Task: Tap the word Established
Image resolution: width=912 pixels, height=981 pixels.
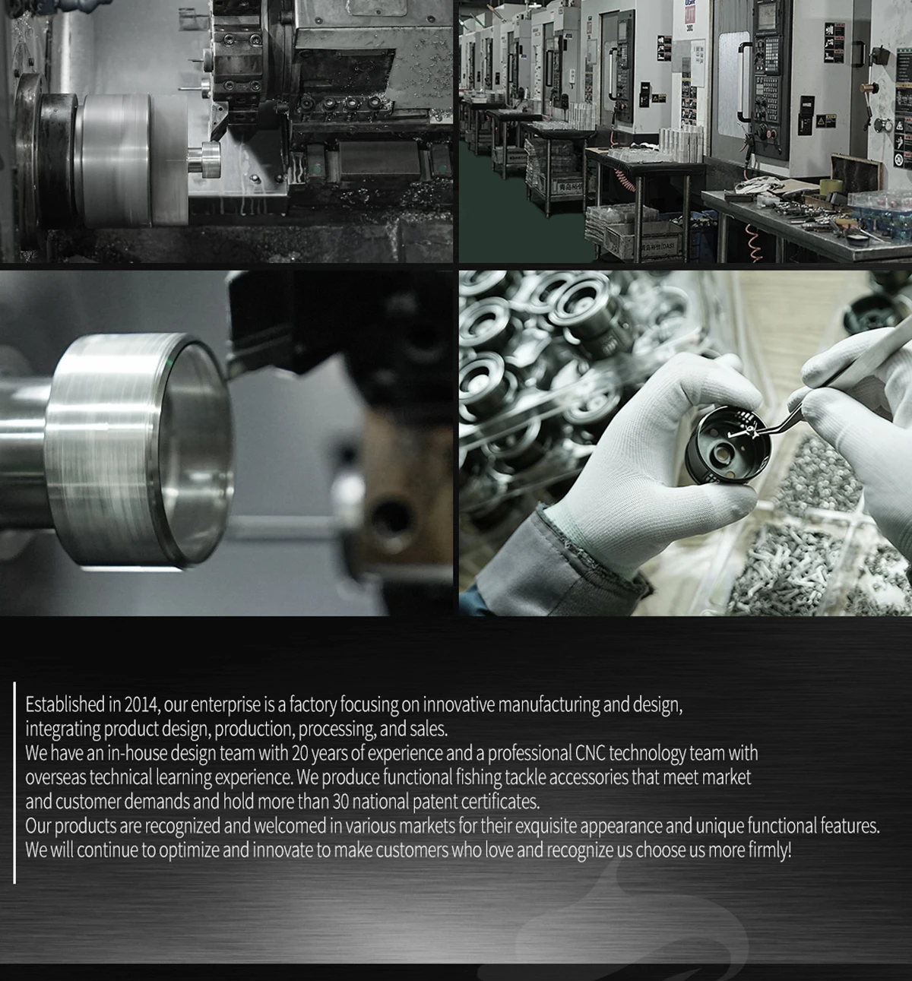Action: click(x=65, y=704)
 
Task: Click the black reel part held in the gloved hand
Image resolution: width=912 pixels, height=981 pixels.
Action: click(x=727, y=445)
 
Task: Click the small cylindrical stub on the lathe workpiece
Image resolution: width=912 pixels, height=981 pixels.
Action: click(x=204, y=159)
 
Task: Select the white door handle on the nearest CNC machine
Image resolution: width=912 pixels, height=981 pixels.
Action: click(x=743, y=81)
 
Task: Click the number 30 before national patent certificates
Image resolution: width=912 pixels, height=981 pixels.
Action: click(x=340, y=801)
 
